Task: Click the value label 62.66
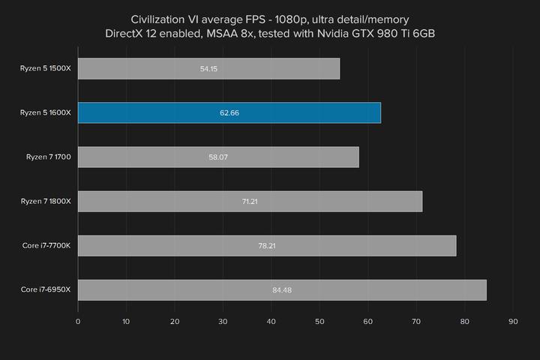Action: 229,113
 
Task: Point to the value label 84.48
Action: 282,290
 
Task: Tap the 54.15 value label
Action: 209,69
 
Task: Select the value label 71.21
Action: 250,202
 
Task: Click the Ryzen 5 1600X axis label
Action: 46,112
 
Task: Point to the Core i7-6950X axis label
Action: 46,289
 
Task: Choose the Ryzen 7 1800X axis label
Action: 46,201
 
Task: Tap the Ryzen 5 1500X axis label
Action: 46,69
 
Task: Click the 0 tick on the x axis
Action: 78,322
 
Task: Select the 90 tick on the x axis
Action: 513,322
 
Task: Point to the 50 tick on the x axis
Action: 319,322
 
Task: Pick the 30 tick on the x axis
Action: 223,322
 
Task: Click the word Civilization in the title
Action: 160,18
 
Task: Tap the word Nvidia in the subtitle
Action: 334,33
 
